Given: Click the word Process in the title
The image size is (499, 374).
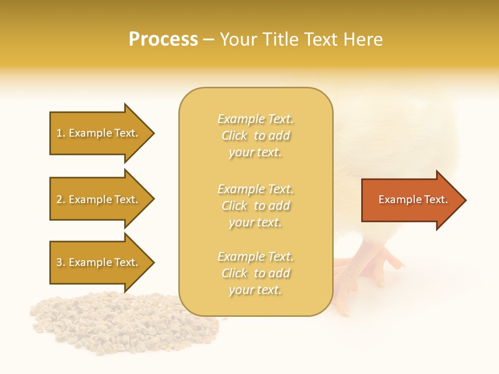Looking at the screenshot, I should (x=163, y=39).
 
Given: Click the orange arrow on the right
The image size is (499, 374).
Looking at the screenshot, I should (x=411, y=200).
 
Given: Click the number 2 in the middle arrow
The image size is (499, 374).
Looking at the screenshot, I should (x=59, y=199).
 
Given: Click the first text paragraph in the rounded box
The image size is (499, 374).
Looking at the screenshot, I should (x=255, y=136).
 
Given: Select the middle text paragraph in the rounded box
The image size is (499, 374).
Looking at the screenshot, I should (x=255, y=206).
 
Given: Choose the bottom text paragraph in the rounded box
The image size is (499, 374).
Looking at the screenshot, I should (x=255, y=273).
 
